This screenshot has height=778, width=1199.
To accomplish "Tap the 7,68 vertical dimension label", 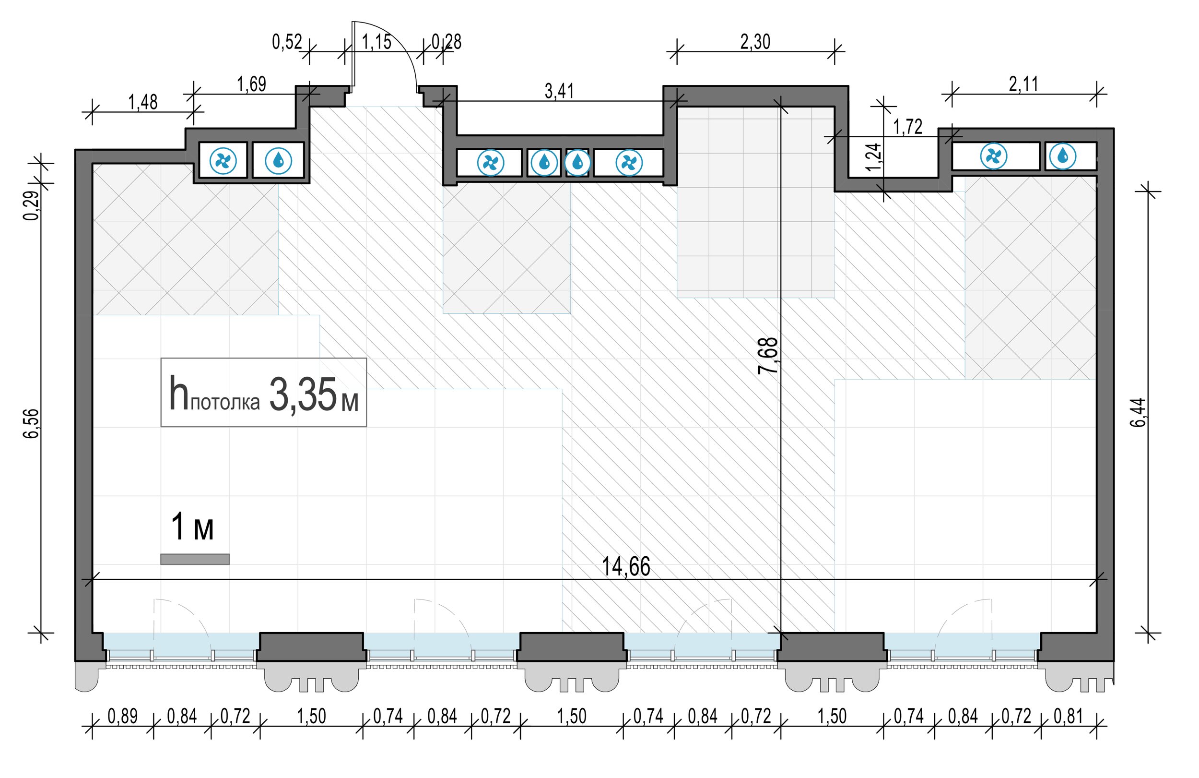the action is tap(769, 356).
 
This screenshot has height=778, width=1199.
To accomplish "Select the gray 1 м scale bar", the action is tap(195, 559).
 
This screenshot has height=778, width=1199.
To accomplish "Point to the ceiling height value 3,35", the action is tap(302, 395).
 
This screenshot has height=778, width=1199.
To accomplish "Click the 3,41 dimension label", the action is tap(559, 91).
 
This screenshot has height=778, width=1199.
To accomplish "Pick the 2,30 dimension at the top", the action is tap(755, 42).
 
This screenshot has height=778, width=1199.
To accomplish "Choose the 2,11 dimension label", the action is tap(1023, 84).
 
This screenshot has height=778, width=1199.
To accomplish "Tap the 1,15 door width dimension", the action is tap(376, 42).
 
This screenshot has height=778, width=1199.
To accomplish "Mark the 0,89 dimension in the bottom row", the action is tap(122, 717).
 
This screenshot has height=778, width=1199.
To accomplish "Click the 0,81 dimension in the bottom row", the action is tap(1068, 717).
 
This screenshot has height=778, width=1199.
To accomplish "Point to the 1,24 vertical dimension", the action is tap(876, 157).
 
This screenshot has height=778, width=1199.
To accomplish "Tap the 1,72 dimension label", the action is tap(908, 127).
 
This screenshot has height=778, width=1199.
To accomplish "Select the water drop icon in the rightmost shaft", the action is tap(1062, 156).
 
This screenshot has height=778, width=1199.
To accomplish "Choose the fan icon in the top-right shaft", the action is tap(993, 156).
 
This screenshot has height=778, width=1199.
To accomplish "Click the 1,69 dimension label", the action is tap(251, 84).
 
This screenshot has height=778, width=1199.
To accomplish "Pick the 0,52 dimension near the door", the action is tap(287, 42).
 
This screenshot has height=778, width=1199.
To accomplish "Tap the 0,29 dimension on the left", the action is tap(31, 206).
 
